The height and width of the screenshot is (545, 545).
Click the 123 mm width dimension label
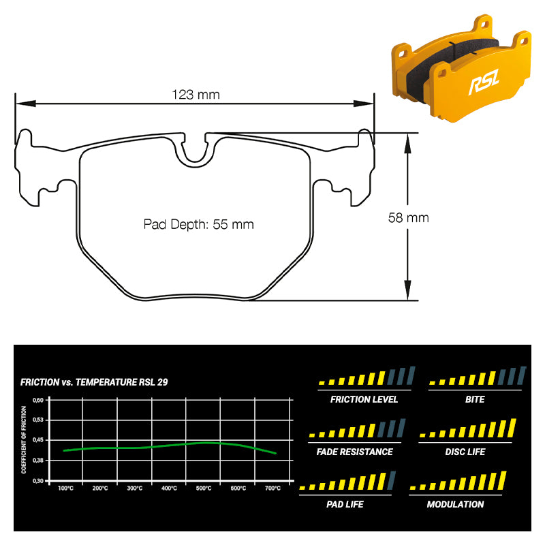coord(196,95)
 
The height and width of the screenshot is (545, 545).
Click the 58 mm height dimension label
coord(408,218)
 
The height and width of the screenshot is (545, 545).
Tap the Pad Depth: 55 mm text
coord(198,225)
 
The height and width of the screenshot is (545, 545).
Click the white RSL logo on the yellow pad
coord(484,82)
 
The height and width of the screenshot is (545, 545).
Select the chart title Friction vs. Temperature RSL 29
coord(94,382)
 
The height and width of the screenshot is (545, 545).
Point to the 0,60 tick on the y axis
coord(38,400)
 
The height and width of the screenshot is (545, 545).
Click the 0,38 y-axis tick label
coord(38,461)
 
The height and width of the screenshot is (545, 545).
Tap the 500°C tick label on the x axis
coord(204,488)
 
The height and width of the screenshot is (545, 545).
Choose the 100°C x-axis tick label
coord(65,488)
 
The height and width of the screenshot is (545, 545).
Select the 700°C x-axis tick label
coord(273,488)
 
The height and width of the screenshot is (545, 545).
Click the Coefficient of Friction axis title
coord(24,439)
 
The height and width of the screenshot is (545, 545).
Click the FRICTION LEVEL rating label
coord(364,399)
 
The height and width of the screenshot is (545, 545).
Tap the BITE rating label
coord(475,399)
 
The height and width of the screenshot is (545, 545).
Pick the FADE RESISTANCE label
coord(354,452)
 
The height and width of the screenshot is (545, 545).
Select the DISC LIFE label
coord(465,452)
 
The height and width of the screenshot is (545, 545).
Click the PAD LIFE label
coord(345,504)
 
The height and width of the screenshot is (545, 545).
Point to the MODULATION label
coord(455,504)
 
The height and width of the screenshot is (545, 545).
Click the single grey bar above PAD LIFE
coord(391,480)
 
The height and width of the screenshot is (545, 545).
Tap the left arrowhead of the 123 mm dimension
coord(26,104)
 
